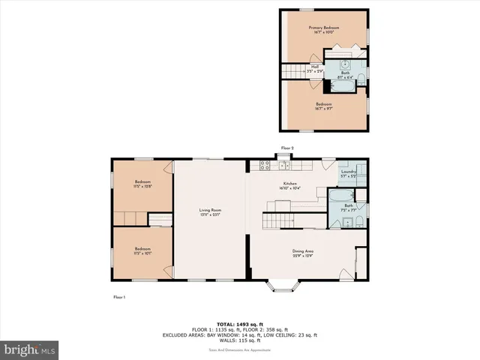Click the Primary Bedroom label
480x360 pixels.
coord(325,28)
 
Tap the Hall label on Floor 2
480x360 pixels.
coord(315,66)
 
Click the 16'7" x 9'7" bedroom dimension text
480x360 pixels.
coord(324,109)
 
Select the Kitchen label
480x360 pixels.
coord(290,184)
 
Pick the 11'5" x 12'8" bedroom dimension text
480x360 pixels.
coord(142,187)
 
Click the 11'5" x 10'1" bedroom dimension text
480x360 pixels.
coord(142,253)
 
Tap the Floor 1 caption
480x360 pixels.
coord(118,298)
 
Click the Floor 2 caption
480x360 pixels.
coord(287,148)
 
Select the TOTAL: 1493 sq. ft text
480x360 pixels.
coord(240,316)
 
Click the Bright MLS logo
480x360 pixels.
coord(30,349)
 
